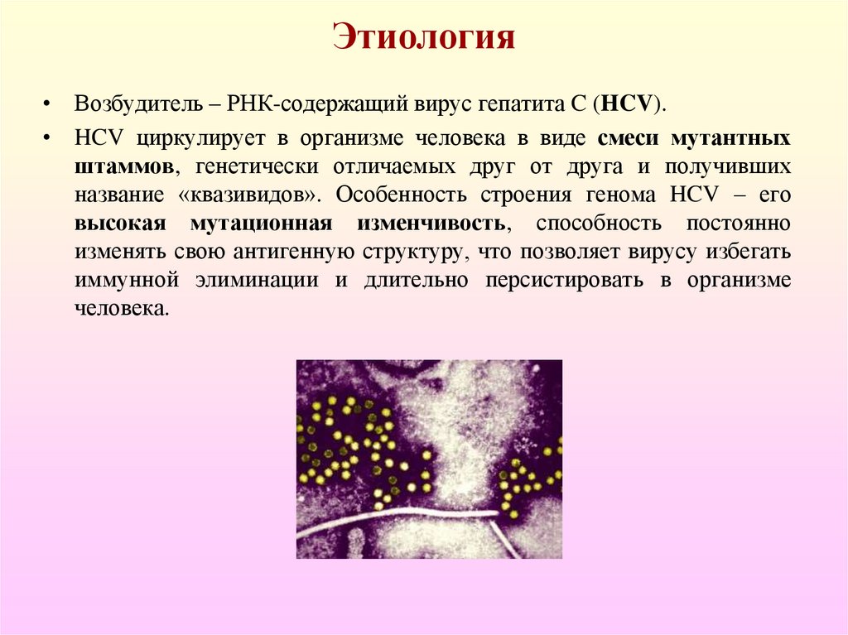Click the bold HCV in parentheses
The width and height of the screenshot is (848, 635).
[x=628, y=104]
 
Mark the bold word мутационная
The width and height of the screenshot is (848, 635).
[x=261, y=224]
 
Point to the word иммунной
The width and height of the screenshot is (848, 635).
[x=127, y=281]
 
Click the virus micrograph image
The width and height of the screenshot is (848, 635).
[x=429, y=459]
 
